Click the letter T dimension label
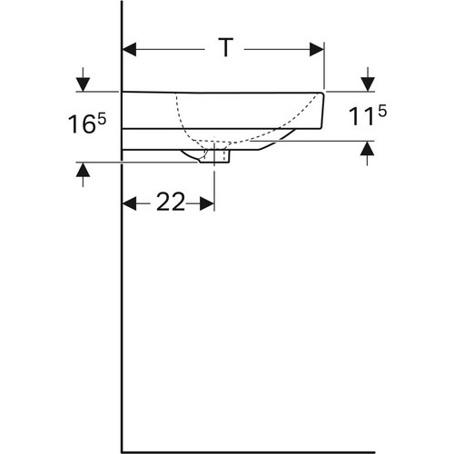click(225, 47)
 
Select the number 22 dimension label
click(171, 202)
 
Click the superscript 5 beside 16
click(102, 119)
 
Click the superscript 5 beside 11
click(382, 111)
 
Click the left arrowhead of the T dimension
click(129, 49)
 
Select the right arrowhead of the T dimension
click(317, 49)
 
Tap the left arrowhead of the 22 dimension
click(129, 203)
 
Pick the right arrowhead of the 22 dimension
click(207, 203)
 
